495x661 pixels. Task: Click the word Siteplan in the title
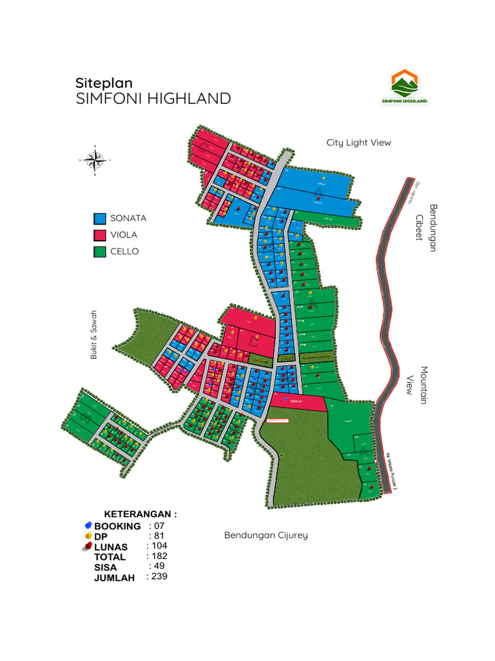[104, 83]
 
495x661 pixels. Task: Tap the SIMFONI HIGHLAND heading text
[153, 99]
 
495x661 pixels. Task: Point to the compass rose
[95, 159]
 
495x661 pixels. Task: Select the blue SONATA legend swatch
[99, 219]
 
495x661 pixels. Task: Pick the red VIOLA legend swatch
[99, 235]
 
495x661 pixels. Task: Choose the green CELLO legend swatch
[99, 252]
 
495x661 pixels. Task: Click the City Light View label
[358, 143]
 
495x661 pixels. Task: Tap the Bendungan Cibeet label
[429, 228]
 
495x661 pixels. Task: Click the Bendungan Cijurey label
[266, 535]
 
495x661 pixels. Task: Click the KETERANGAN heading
[140, 514]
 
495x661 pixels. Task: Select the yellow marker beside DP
[88, 536]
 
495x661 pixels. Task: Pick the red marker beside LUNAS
[88, 547]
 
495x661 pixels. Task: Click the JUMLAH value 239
[157, 576]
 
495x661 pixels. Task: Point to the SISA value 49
[157, 566]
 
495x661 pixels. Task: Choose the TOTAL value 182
[157, 556]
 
